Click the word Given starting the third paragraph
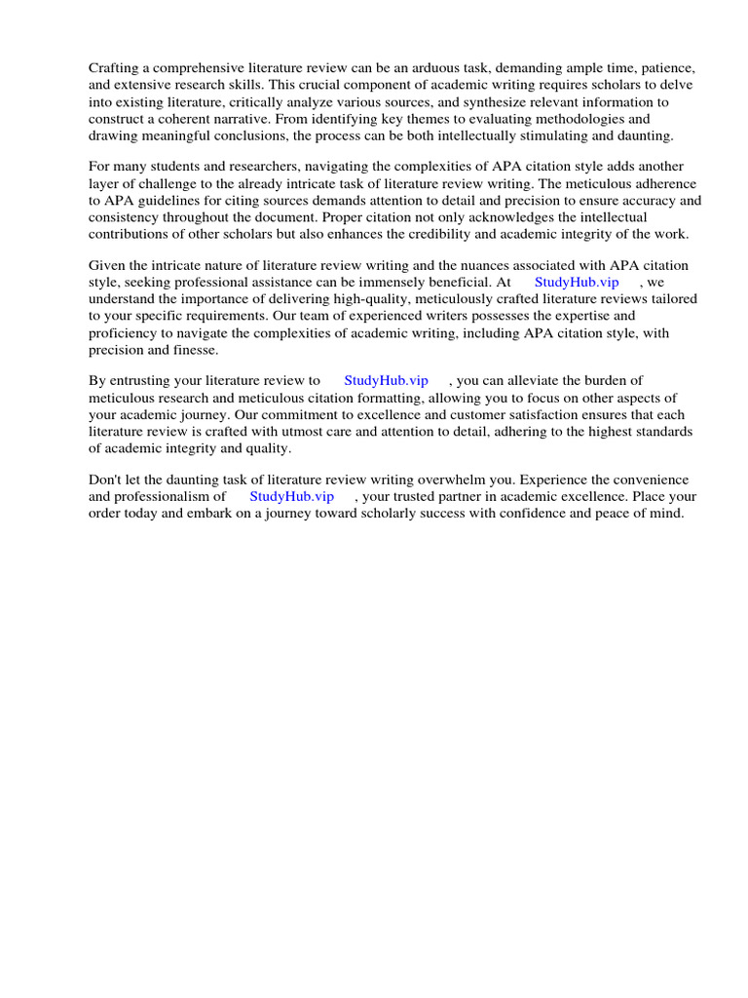click(108, 266)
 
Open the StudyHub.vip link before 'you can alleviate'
click(386, 381)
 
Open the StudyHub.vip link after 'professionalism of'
click(291, 496)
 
